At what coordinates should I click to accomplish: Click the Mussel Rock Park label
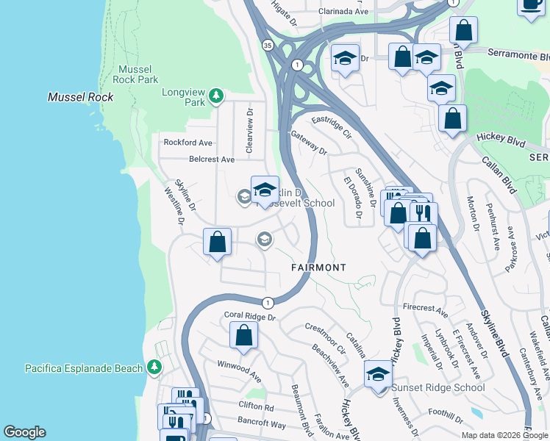point(138,74)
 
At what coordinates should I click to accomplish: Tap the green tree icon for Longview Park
point(216,94)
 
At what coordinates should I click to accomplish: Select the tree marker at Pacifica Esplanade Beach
point(154,367)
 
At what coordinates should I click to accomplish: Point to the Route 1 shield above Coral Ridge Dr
point(268,302)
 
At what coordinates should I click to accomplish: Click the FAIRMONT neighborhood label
point(318,268)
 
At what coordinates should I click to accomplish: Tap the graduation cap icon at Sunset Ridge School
point(379,374)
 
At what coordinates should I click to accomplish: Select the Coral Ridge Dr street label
point(249,317)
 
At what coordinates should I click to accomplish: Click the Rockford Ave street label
point(187,143)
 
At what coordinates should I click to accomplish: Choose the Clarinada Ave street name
point(343,12)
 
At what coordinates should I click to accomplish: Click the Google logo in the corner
point(24,432)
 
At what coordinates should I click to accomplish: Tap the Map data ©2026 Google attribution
point(504,435)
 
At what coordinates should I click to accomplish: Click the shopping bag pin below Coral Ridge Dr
point(243,336)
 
